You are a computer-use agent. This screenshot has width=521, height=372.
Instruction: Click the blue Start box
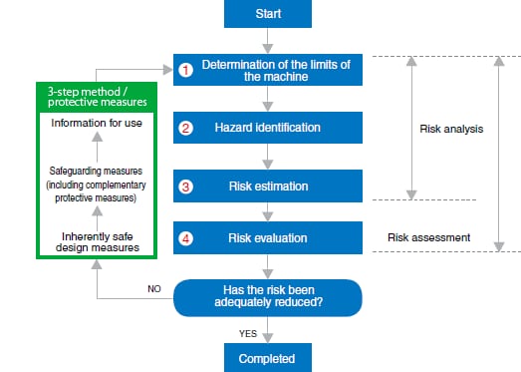[x=266, y=16]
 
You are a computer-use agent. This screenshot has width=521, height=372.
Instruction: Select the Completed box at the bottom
[x=266, y=357]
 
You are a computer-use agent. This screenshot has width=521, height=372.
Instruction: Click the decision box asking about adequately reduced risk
[x=266, y=296]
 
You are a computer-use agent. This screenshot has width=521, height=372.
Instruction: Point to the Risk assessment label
[x=428, y=238]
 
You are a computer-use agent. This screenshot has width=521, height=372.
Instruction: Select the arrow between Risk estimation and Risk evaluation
[x=266, y=211]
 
